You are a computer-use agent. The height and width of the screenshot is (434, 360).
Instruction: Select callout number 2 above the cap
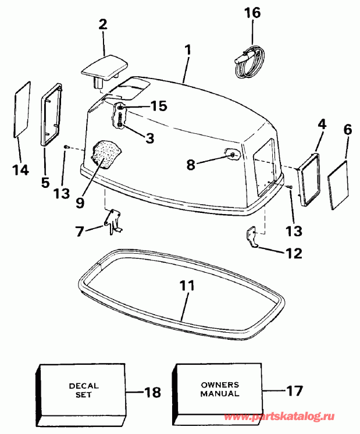[x=103, y=25]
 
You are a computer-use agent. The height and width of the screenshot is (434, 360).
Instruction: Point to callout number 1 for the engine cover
[x=187, y=51]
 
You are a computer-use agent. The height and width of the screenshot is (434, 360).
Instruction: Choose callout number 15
[x=158, y=106]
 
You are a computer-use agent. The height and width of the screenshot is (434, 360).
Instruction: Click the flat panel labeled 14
[x=22, y=109]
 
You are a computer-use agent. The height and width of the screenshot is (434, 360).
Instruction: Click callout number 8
[x=191, y=165]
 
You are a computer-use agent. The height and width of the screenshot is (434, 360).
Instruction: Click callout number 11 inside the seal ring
[x=187, y=287]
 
